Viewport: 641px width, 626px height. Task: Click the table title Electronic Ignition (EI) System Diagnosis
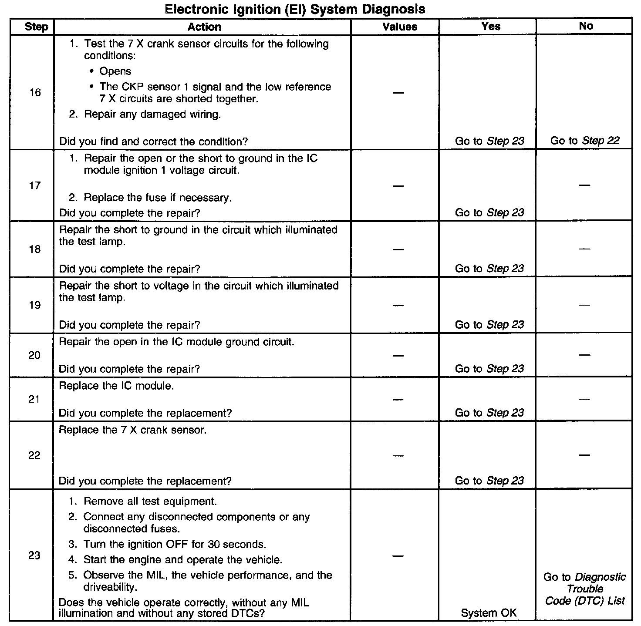tap(295, 9)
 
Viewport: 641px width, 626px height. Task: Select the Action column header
tap(204, 27)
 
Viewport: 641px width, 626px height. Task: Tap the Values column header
tap(400, 27)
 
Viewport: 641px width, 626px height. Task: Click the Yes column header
tap(491, 27)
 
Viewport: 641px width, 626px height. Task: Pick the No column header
tap(586, 26)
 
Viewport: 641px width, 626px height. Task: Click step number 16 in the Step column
tap(35, 92)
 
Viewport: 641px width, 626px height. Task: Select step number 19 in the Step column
tap(35, 305)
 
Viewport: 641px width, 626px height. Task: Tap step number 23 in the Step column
tap(34, 555)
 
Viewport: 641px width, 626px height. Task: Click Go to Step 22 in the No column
tap(584, 141)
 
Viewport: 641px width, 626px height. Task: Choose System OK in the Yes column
tap(489, 613)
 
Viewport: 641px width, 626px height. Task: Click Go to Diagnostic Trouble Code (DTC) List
tap(584, 589)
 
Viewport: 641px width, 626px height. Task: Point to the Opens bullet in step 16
tap(115, 71)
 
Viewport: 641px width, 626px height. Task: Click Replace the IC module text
tap(116, 386)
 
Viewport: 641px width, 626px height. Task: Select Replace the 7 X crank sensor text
tap(132, 430)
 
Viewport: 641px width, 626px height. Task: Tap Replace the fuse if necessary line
tap(157, 198)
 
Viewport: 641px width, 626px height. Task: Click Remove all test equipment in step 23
tap(150, 501)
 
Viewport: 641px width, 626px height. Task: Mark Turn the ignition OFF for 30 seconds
tap(174, 544)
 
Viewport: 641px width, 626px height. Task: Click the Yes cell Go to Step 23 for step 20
tap(489, 369)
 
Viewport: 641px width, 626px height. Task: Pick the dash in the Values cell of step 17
tap(398, 186)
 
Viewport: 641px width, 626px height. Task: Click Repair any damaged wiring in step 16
tap(152, 114)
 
